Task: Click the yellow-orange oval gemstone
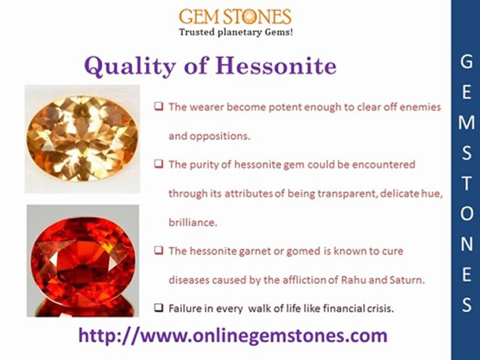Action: [82, 138]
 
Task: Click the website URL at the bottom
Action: [232, 335]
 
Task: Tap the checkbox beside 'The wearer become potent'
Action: [158, 106]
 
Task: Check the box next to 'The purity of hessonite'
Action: [158, 164]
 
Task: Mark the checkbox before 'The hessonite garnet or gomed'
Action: [158, 251]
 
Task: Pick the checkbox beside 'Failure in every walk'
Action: [158, 308]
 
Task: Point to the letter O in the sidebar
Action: [466, 213]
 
